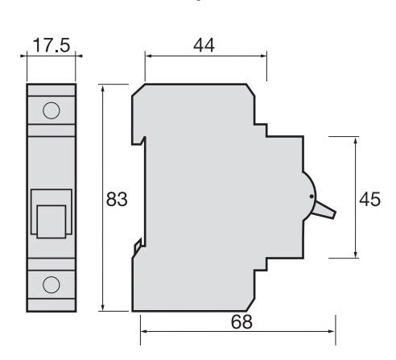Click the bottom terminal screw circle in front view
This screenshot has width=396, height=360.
click(x=52, y=283)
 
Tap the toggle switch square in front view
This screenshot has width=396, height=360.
click(x=52, y=218)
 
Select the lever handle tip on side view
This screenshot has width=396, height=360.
click(x=331, y=213)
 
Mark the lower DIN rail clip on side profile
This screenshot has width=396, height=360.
click(x=138, y=246)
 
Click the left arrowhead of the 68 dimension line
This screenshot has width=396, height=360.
click(x=144, y=330)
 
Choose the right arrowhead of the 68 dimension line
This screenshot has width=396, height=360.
click(x=332, y=330)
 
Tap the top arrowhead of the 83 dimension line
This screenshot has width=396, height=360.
click(x=104, y=86)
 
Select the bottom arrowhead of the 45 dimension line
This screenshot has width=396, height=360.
click(x=355, y=255)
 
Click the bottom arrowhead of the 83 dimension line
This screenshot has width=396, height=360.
click(x=104, y=308)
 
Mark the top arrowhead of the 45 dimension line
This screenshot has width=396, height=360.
click(x=355, y=139)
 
